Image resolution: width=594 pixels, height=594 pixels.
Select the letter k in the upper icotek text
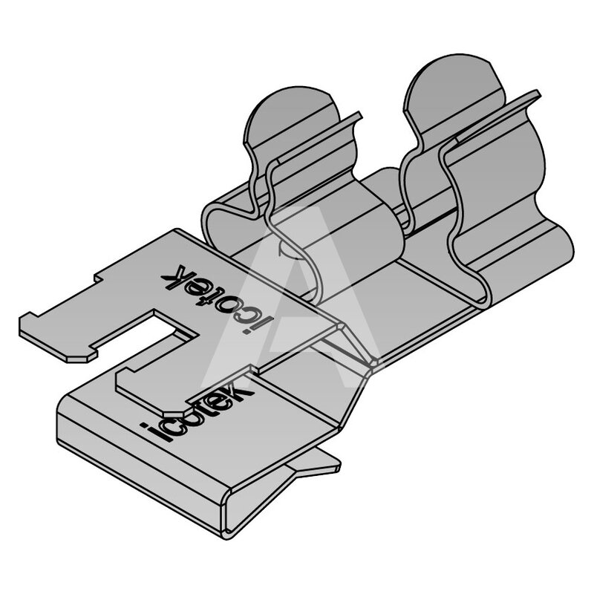(174, 276)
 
